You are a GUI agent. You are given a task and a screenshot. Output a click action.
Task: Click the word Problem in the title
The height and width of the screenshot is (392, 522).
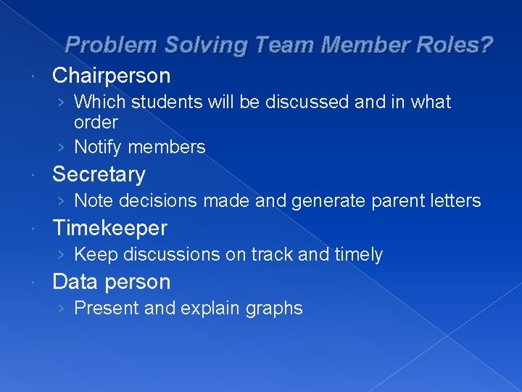point(108,46)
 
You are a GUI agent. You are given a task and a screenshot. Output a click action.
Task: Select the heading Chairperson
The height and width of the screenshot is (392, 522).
point(112,75)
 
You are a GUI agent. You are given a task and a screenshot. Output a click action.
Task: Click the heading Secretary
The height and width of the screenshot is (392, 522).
point(99,174)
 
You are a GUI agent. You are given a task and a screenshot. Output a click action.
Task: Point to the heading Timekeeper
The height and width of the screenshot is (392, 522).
point(109,228)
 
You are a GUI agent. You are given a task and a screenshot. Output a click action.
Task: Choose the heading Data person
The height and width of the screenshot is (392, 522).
point(112,282)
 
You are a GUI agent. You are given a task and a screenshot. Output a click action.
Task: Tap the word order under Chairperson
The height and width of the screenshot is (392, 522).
point(96,121)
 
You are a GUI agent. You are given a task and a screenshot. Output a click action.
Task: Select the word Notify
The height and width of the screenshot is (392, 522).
point(99,147)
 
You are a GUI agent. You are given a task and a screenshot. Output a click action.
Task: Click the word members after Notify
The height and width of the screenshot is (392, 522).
point(166,147)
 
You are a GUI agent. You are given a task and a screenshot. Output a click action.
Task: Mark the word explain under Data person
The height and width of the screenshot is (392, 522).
point(212,309)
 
